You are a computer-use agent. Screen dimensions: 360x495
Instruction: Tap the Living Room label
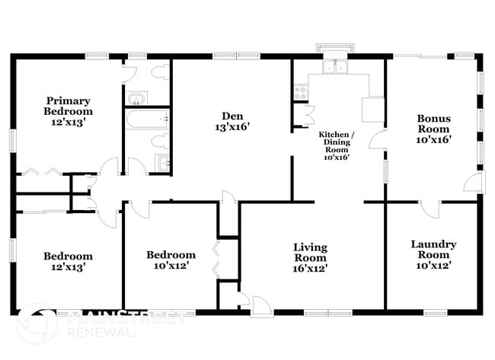pos(311,253)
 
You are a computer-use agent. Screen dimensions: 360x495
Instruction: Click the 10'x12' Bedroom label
pos(171,260)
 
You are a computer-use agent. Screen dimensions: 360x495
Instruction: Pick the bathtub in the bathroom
pos(147,119)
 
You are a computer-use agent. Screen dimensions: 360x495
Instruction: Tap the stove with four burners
pos(299,92)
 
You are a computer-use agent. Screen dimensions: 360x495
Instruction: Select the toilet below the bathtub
pos(159,141)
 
